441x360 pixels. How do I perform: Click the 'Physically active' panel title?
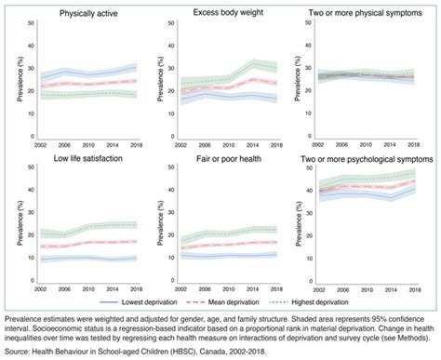tap(76, 13)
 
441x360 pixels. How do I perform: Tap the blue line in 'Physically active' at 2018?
tap(136, 67)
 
